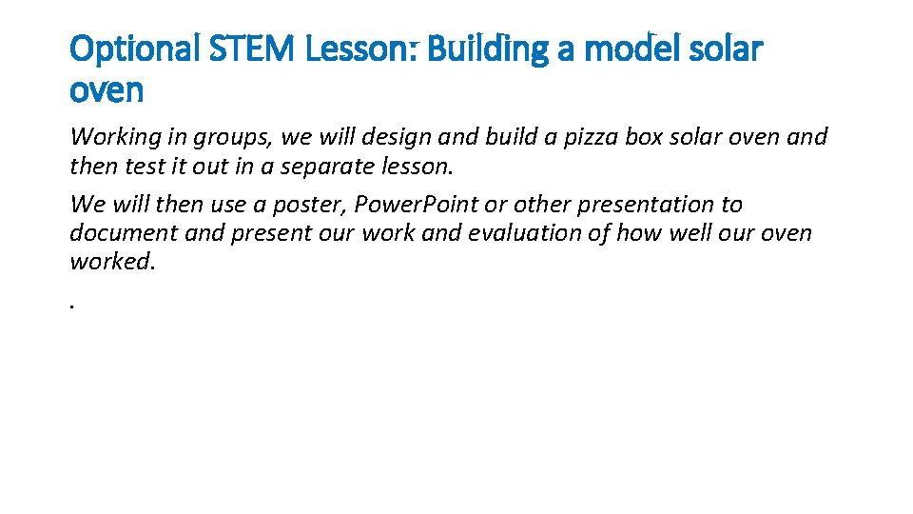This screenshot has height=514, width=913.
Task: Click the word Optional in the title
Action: tap(134, 49)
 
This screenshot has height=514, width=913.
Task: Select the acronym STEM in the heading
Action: tap(254, 49)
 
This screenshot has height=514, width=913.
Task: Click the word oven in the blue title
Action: tap(107, 91)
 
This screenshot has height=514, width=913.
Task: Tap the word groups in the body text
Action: tap(236, 137)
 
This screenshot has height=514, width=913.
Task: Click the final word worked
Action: tap(111, 261)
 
